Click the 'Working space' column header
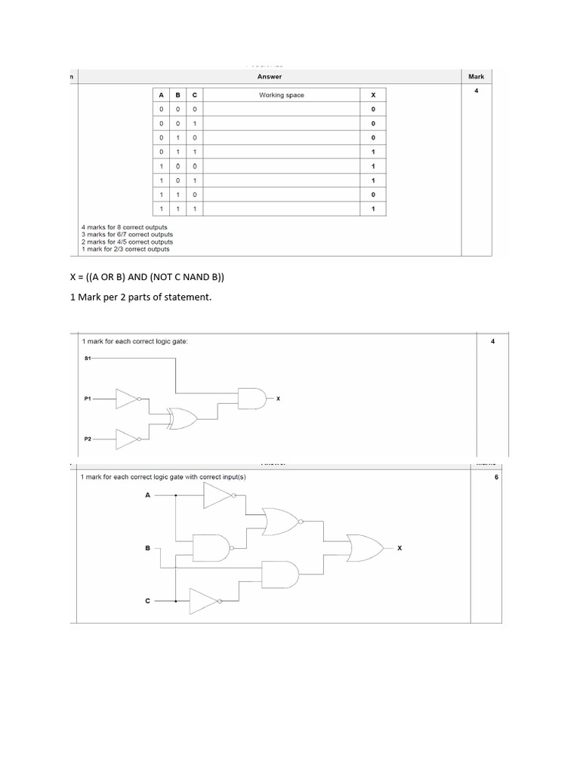pyautogui.click(x=281, y=95)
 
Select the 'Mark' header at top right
pyautogui.click(x=476, y=76)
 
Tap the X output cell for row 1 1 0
pyautogui.click(x=373, y=194)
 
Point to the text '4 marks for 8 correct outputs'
pyautogui.click(x=125, y=227)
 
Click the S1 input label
pyautogui.click(x=87, y=358)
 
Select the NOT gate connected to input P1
pyautogui.click(x=128, y=398)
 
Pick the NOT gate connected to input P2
pyautogui.click(x=128, y=437)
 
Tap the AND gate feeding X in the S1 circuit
pyautogui.click(x=251, y=398)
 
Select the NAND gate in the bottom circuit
pyautogui.click(x=211, y=547)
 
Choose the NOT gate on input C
pyautogui.click(x=205, y=601)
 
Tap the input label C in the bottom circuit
pyautogui.click(x=147, y=601)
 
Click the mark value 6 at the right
pyautogui.click(x=496, y=477)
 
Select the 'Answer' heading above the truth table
pyautogui.click(x=270, y=76)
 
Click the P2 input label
pyautogui.click(x=88, y=437)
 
